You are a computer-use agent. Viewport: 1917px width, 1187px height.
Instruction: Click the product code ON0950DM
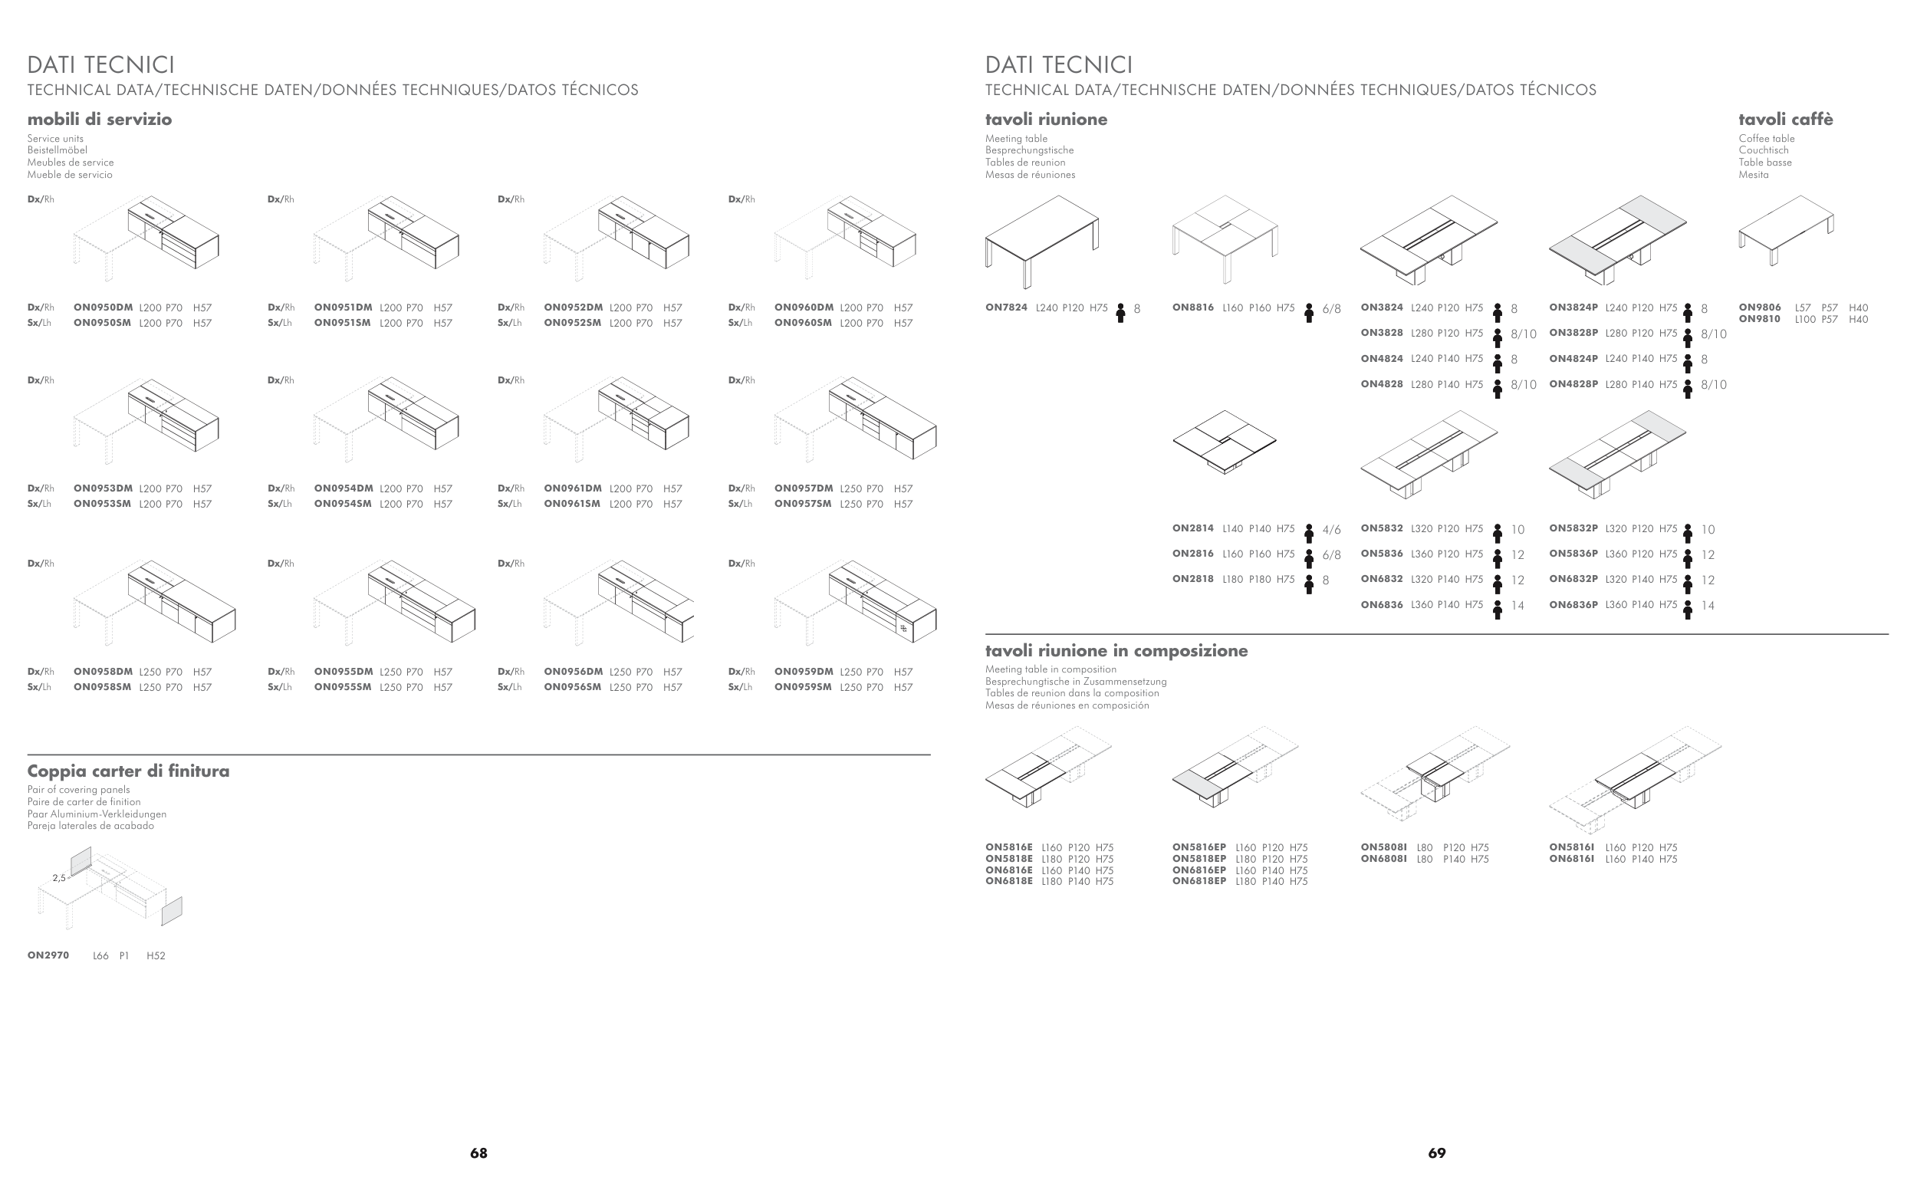pyautogui.click(x=103, y=307)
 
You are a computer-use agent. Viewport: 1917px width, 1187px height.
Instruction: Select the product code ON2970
pyautogui.click(x=48, y=955)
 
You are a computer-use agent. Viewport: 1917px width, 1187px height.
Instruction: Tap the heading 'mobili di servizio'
pyautogui.click(x=100, y=120)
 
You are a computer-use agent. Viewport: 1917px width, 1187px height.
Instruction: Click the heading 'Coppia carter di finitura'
pyautogui.click(x=129, y=771)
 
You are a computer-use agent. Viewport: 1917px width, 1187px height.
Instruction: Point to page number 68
pyautogui.click(x=478, y=1153)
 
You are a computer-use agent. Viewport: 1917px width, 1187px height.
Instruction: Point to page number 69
pyautogui.click(x=1436, y=1153)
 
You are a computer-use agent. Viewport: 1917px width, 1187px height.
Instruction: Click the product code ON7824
pyautogui.click(x=1005, y=307)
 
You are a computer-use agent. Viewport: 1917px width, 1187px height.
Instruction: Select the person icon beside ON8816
pyautogui.click(x=1309, y=312)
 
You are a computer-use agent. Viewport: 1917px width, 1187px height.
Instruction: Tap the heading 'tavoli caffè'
pyautogui.click(x=1785, y=120)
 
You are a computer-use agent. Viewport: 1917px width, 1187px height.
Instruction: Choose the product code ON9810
pyautogui.click(x=1759, y=320)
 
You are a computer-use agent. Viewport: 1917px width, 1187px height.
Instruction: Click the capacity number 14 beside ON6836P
pyautogui.click(x=1708, y=606)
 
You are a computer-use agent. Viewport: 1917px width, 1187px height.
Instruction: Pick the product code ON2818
pyautogui.click(x=1192, y=580)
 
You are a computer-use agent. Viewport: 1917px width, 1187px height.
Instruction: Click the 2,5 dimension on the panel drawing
pyautogui.click(x=59, y=878)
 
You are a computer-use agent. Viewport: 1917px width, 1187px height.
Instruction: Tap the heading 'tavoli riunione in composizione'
pyautogui.click(x=1116, y=651)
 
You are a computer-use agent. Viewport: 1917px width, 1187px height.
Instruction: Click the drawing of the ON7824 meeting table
pyautogui.click(x=1042, y=238)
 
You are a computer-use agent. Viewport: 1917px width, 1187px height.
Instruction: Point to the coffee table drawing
pyautogui.click(x=1786, y=229)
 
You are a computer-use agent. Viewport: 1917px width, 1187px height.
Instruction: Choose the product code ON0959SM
pyautogui.click(x=802, y=687)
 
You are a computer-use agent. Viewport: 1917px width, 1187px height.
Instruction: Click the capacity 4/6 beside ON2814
pyautogui.click(x=1331, y=530)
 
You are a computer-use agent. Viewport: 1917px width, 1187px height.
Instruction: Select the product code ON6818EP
pyautogui.click(x=1199, y=882)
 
